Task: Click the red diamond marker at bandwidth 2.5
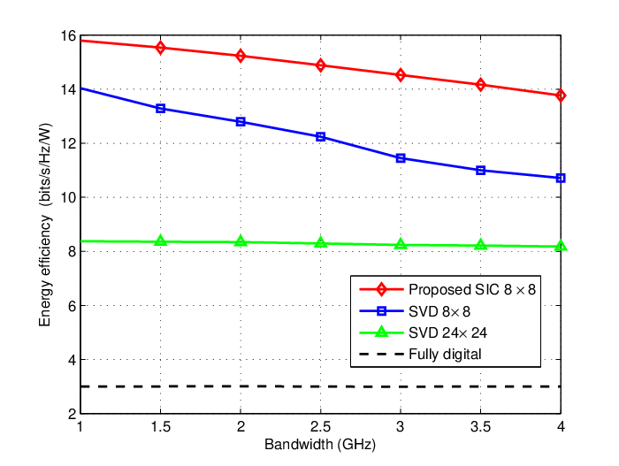point(320,65)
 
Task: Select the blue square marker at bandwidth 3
point(401,158)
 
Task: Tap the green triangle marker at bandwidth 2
point(241,241)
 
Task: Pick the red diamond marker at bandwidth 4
point(561,95)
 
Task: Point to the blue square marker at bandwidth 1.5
point(160,109)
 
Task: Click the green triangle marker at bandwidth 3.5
point(480,244)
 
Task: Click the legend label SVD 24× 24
point(447,332)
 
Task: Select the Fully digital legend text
point(445,355)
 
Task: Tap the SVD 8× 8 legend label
point(439,311)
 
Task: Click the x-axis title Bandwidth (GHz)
point(320,445)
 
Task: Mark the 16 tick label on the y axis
point(68,36)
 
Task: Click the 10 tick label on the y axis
point(68,197)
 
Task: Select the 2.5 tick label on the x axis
point(320,426)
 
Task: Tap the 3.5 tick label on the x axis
point(480,426)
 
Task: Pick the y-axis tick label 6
point(72,306)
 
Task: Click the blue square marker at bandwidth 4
point(561,178)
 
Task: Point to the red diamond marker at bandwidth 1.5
point(160,48)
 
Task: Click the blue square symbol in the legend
point(381,311)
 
